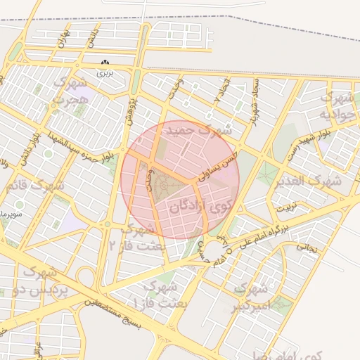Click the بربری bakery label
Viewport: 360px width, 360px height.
pyautogui.click(x=105, y=72)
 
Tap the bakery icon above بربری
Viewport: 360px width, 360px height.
pyautogui.click(x=105, y=63)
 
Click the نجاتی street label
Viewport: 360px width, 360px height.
pyautogui.click(x=307, y=247)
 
